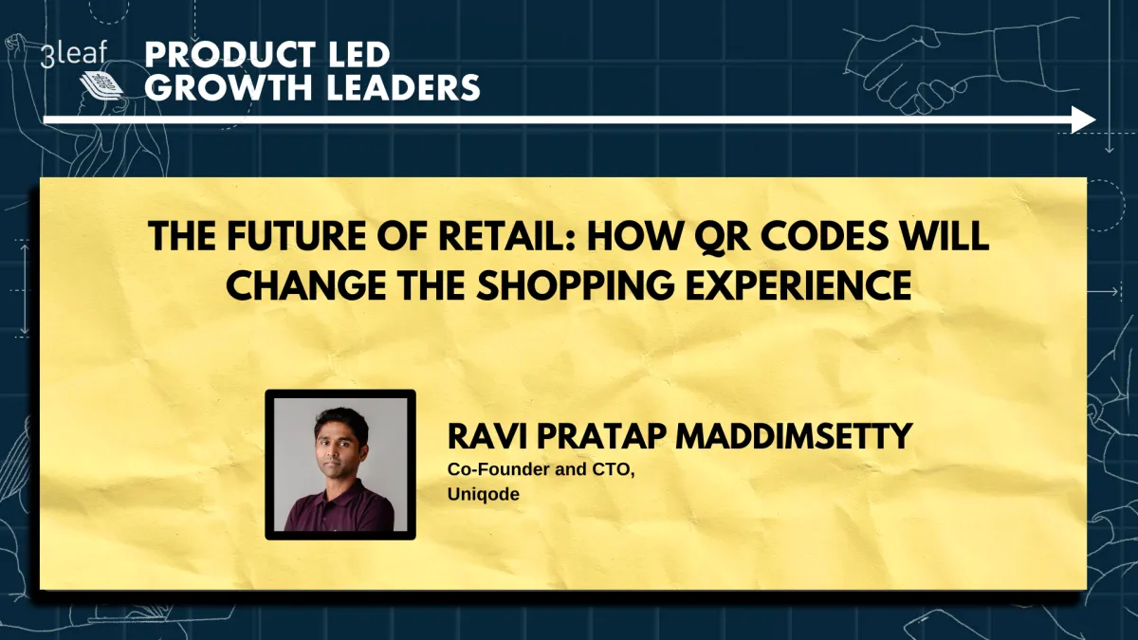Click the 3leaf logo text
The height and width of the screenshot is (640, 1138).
[74, 54]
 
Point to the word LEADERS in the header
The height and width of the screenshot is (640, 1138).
[397, 88]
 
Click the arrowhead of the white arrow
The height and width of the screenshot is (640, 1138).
[1083, 119]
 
